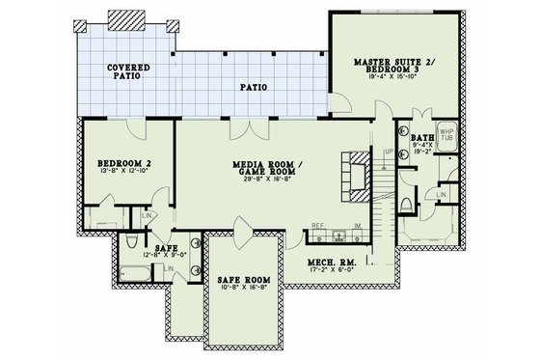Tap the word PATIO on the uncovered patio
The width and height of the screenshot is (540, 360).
[x=253, y=88]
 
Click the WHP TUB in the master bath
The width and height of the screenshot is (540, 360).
[x=446, y=135]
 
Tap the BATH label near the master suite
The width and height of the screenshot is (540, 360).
[x=421, y=139]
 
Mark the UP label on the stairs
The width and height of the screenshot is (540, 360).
[x=389, y=152]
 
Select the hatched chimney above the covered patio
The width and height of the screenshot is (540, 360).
[x=125, y=21]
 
